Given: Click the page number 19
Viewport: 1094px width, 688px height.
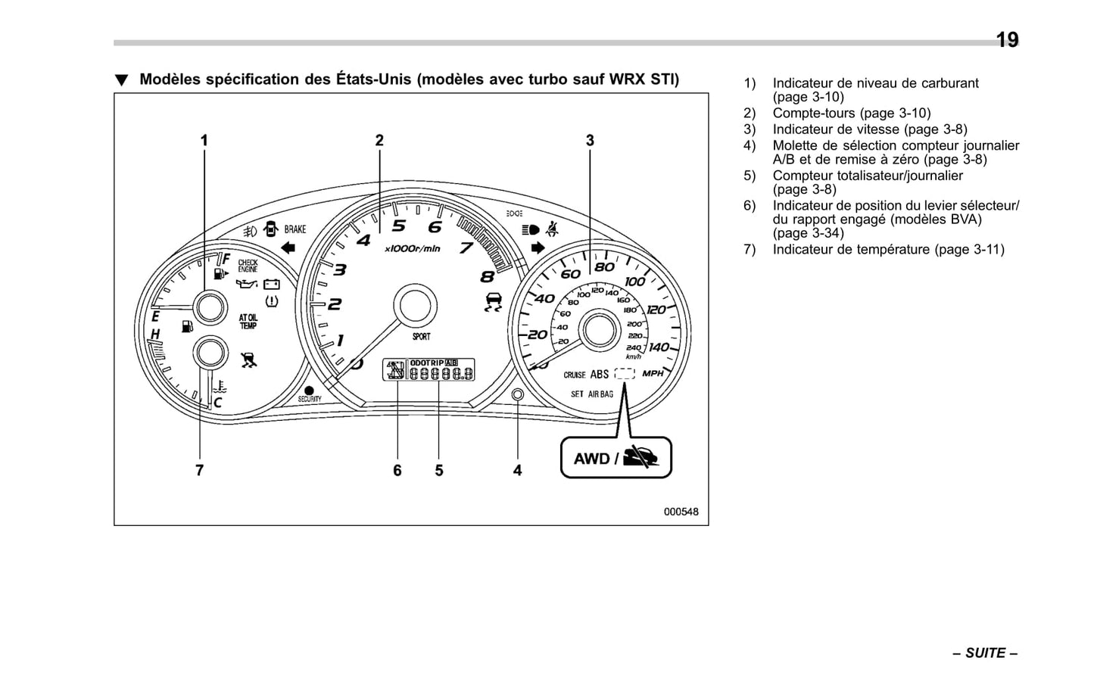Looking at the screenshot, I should pyautogui.click(x=1006, y=40).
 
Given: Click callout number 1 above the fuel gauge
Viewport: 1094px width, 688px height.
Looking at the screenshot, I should pyautogui.click(x=204, y=141).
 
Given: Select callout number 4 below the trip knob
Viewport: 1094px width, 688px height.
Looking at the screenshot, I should pyautogui.click(x=517, y=471).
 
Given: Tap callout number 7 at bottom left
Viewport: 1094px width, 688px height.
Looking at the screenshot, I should pyautogui.click(x=199, y=471).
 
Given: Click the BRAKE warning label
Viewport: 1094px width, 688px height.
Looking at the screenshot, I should pyautogui.click(x=295, y=229).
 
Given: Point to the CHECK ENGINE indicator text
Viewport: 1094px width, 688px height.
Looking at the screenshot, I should pyautogui.click(x=248, y=266).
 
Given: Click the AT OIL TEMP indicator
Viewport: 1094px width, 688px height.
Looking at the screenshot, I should pyautogui.click(x=248, y=322).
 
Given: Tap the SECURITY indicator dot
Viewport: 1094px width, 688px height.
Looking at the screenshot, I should pyautogui.click(x=309, y=391).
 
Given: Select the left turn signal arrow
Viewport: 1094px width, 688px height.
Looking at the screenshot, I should pyautogui.click(x=288, y=247).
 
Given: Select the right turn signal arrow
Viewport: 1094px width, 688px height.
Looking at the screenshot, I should pyautogui.click(x=538, y=247).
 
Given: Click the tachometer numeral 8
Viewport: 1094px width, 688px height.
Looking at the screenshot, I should pyautogui.click(x=487, y=277).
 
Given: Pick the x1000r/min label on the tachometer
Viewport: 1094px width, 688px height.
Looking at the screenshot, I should pyautogui.click(x=412, y=249).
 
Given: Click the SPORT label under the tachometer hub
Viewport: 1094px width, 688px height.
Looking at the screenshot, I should pyautogui.click(x=421, y=336).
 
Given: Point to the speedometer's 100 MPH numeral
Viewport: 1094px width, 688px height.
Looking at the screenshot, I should pyautogui.click(x=634, y=282).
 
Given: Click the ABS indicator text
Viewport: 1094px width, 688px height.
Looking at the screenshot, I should pyautogui.click(x=599, y=375).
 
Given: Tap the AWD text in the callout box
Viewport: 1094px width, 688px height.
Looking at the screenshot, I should pyautogui.click(x=591, y=459).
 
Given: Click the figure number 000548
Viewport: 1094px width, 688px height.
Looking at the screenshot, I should pyautogui.click(x=681, y=512).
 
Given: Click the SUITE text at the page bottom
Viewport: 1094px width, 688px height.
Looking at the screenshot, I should pyautogui.click(x=985, y=653).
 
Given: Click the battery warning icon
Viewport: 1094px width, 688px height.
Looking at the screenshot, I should pyautogui.click(x=271, y=285).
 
